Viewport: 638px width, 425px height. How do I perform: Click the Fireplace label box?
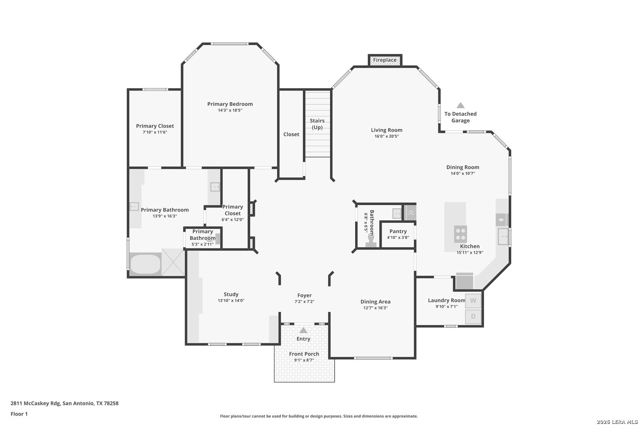[385, 60]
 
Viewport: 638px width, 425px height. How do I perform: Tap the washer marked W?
[473, 301]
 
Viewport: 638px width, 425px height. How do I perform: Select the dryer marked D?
[473, 316]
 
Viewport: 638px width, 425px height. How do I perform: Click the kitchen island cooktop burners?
[460, 233]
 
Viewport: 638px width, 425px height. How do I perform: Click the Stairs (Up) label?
[317, 124]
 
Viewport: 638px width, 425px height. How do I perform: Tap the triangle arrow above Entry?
[303, 331]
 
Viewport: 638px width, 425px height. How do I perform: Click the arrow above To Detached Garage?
[460, 105]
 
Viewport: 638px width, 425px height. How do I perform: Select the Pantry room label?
[398, 231]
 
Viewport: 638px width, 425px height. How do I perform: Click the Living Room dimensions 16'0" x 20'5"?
[386, 137]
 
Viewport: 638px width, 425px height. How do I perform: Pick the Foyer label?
[304, 295]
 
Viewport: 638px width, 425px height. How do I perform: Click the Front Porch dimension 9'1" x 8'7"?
[304, 360]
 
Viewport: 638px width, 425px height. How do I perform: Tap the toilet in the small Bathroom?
[371, 240]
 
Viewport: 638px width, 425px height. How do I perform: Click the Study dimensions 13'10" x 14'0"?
[231, 301]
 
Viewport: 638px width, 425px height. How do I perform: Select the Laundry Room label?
[446, 300]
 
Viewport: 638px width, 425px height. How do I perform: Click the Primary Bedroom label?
[230, 104]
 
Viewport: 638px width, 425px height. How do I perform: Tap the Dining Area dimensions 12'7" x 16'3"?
[375, 308]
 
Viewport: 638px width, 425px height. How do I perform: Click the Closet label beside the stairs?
[291, 134]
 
